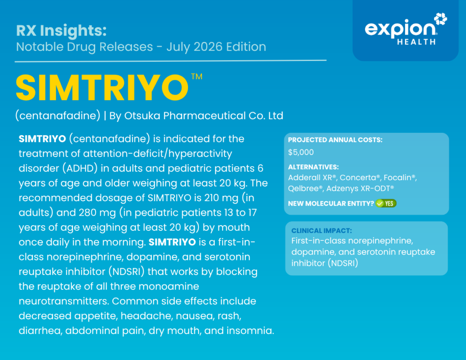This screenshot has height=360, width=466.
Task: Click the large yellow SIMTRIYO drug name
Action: (x=102, y=88)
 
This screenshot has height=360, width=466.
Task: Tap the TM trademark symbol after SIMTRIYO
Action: (x=197, y=77)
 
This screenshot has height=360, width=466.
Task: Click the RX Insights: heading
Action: (x=61, y=30)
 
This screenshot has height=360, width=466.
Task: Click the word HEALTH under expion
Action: (x=416, y=42)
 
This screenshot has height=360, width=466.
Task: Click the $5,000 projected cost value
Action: (x=301, y=152)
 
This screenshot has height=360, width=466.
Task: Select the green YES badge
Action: (x=386, y=203)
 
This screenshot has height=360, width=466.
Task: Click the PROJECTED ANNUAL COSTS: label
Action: (x=335, y=140)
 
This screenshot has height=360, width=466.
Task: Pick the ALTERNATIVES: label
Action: (x=313, y=167)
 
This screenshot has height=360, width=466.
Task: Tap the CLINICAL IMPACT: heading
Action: (x=322, y=231)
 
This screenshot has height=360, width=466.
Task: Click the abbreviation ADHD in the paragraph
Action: (x=80, y=168)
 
